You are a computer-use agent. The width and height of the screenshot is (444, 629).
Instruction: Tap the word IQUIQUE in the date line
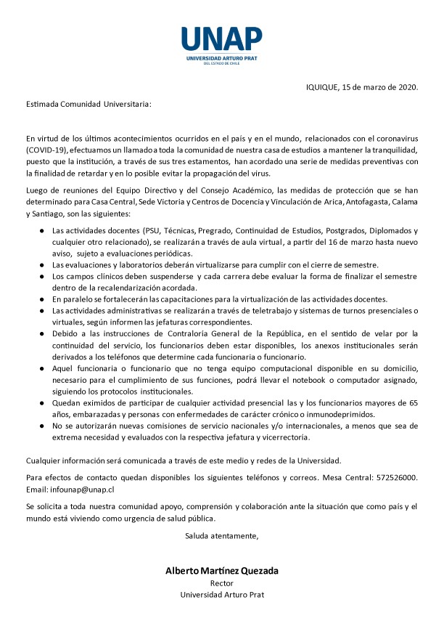pos(322,88)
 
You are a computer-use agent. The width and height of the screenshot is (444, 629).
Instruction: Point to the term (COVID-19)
pos(49,149)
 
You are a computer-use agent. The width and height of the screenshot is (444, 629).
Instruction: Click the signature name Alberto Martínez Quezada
pos(222,571)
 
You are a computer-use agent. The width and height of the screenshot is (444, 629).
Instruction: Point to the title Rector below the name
pos(221,583)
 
